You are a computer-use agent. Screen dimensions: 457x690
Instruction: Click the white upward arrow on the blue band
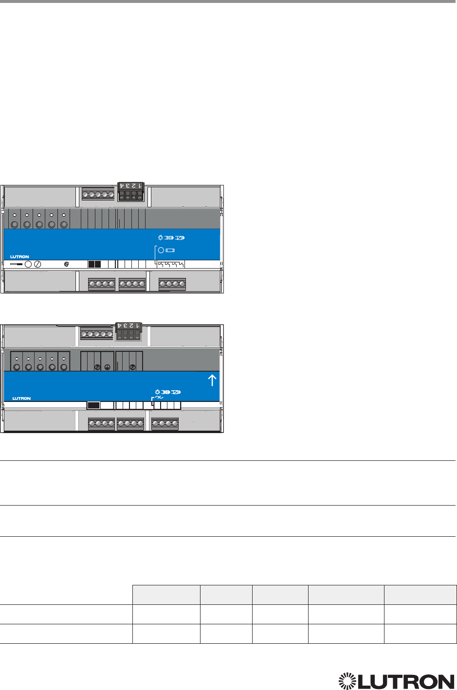(212, 380)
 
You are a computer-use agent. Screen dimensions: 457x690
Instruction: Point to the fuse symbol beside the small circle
(170, 250)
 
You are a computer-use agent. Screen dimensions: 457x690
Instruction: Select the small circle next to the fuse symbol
(161, 250)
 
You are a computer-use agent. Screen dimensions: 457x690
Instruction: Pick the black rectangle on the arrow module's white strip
(93, 405)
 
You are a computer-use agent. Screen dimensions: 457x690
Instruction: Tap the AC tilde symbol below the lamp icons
(158, 397)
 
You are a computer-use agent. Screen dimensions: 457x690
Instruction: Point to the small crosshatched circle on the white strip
(67, 264)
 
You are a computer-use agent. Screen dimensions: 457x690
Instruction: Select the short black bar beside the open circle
(17, 264)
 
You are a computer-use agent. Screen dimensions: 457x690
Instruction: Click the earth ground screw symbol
(107, 368)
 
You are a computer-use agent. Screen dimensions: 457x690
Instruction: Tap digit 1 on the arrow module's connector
(138, 325)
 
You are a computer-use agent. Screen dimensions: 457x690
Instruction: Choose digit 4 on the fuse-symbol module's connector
(122, 185)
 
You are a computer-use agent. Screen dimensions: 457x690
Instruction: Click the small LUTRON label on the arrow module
(21, 399)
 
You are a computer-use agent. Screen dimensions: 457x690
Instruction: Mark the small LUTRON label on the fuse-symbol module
(19, 257)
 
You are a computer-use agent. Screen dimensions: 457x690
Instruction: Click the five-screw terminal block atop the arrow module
(96, 334)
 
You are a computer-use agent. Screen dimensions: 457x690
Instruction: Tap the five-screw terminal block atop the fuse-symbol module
(98, 195)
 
